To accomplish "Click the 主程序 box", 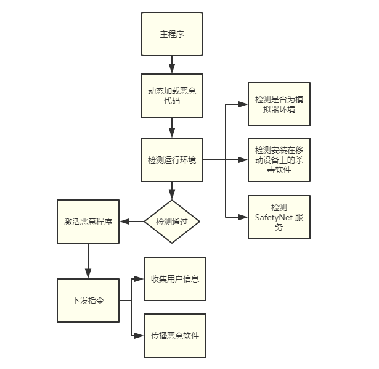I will point(172,34).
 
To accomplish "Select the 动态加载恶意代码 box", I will point(172,96).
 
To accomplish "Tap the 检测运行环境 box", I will point(172,160).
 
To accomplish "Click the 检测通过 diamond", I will point(172,221).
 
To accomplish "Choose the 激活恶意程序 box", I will point(88,221).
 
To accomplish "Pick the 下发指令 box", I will point(88,301).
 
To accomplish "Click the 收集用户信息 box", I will point(175,279).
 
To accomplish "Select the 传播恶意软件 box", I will point(175,336).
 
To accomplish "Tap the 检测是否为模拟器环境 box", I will point(279,104).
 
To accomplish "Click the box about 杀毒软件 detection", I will point(279,160).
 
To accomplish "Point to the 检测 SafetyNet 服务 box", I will point(279,217).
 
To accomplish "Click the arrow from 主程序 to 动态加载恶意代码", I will point(172,65).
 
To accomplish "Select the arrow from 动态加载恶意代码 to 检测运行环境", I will point(172,128).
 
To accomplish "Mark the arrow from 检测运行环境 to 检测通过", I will point(172,191).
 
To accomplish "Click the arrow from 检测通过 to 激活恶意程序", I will point(132,221).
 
